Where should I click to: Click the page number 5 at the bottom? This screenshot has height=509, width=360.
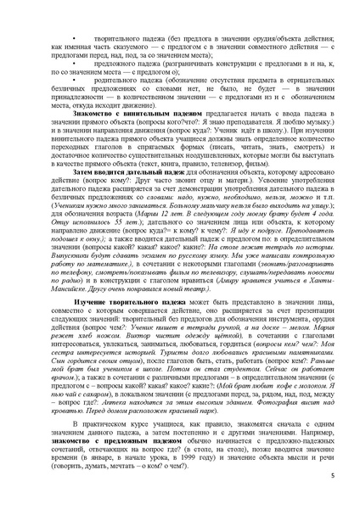click(x=333, y=478)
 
